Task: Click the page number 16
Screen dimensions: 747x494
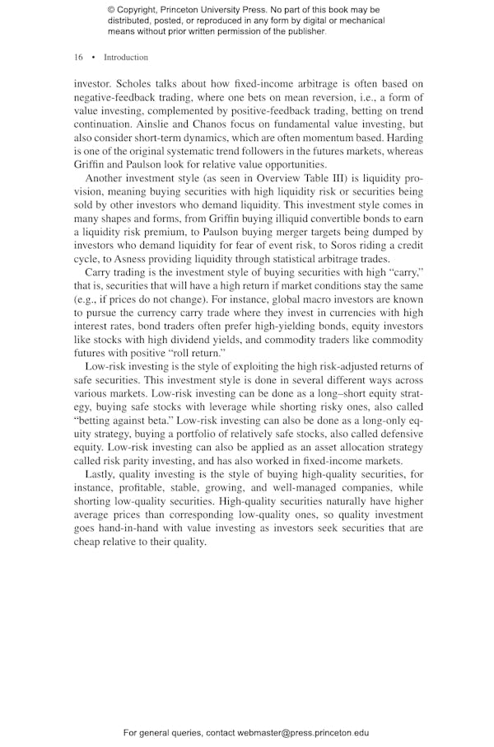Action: click(78, 58)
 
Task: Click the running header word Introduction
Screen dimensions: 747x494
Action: click(126, 58)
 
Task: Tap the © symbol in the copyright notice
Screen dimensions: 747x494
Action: click(111, 10)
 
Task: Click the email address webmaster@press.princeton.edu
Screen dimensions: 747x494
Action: click(303, 732)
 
